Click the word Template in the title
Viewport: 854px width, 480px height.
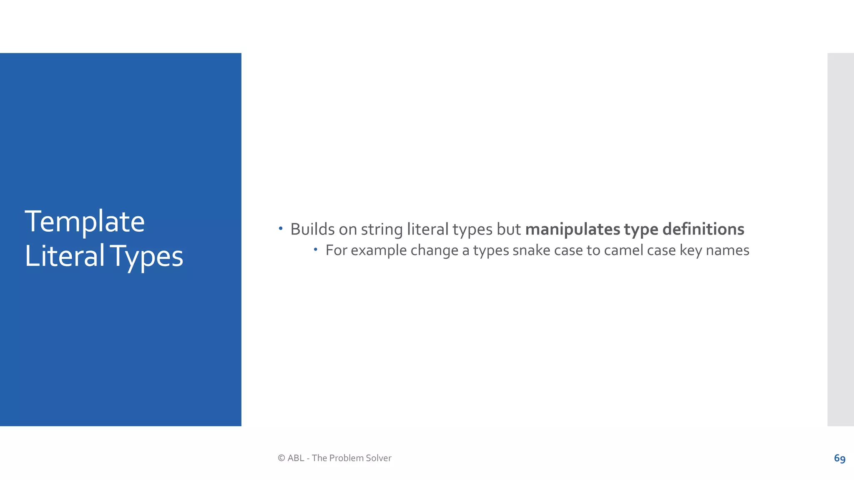point(85,222)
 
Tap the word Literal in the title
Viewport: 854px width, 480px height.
point(65,256)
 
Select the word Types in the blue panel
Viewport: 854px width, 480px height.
point(146,257)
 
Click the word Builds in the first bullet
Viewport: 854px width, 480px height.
point(312,229)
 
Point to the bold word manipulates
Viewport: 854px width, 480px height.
point(573,230)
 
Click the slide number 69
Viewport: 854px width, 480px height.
point(839,458)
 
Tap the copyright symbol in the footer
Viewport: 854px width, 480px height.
point(281,458)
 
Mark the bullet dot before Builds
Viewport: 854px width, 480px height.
point(281,228)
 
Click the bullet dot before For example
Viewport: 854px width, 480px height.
point(316,250)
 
